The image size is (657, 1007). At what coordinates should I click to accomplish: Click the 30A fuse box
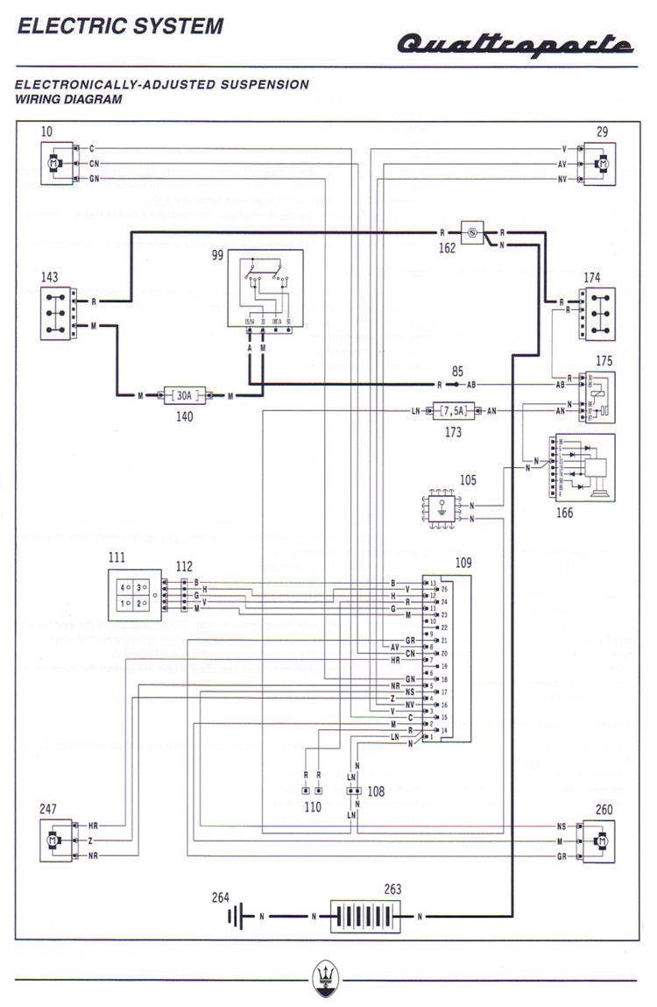[x=186, y=397]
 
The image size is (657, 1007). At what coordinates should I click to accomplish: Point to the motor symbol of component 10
[x=54, y=164]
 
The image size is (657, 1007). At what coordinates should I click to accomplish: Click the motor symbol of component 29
[x=602, y=164]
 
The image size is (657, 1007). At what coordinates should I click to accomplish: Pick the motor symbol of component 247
[x=54, y=840]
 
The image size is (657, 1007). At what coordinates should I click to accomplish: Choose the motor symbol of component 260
[x=602, y=840]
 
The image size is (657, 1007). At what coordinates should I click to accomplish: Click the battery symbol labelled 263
[x=365, y=917]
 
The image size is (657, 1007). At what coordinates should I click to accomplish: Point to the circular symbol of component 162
[x=471, y=233]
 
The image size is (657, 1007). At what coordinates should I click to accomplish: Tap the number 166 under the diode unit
[x=565, y=512]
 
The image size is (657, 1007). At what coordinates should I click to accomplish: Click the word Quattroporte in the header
[x=515, y=43]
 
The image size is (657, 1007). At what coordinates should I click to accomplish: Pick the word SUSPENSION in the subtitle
[x=264, y=85]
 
